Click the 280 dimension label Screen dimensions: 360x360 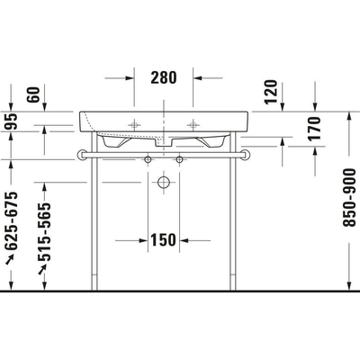coord(163,78)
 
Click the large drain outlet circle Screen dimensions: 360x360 coord(163,184)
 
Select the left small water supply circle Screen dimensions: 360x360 coord(148,159)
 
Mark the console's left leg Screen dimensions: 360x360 coord(92,225)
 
